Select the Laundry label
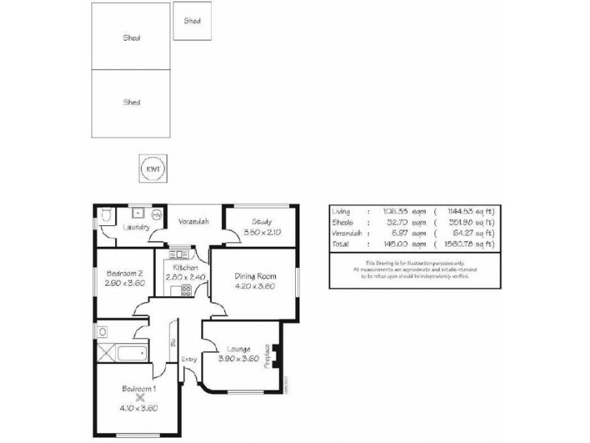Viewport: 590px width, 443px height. coord(136,227)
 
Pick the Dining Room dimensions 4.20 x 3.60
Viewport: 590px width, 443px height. coord(254,286)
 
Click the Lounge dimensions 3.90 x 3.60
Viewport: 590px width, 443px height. coord(239,359)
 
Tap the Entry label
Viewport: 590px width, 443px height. coord(190,360)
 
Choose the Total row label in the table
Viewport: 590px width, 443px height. coord(341,242)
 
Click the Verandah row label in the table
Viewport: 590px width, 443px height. coord(347,232)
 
